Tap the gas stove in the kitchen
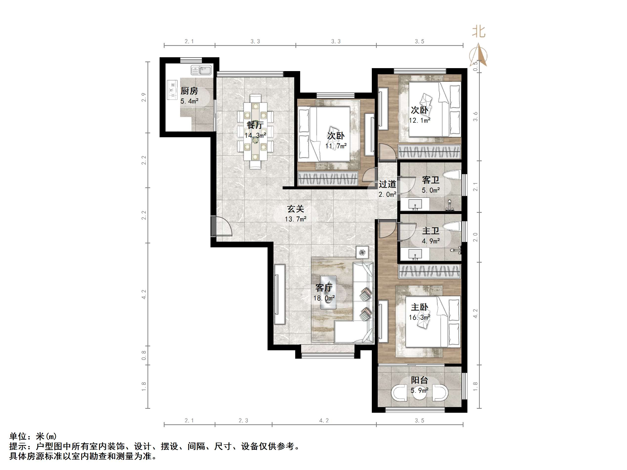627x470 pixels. [172, 90]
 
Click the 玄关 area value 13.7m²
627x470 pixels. [295, 219]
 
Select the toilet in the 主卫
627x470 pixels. [452, 226]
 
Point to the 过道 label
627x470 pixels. [387, 184]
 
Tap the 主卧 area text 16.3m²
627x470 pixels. [419, 317]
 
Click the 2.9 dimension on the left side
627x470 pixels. [144, 97]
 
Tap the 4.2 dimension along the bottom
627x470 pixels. [324, 421]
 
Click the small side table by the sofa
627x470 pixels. [362, 252]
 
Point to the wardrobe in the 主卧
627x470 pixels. [430, 271]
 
